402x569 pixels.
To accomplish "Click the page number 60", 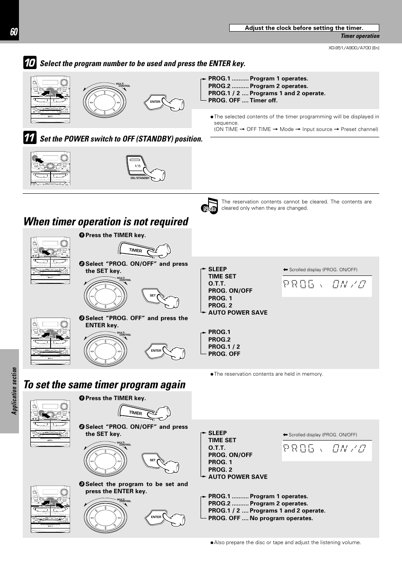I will click(x=13, y=32).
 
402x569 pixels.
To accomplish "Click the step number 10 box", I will click(x=29, y=63).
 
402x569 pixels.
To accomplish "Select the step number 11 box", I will click(x=29, y=138).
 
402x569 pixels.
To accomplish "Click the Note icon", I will click(x=209, y=206).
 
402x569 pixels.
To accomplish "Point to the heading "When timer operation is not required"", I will click(x=106, y=222).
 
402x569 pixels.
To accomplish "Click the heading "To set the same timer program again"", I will click(x=105, y=385).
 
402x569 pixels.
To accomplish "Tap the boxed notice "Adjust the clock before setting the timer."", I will click(x=304, y=28).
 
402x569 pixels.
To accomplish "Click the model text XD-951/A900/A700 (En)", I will click(x=354, y=48).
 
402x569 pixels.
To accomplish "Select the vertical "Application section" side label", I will click(x=14, y=390).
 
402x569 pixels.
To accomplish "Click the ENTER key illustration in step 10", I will click(x=156, y=102).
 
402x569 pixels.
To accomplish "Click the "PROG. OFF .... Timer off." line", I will click(x=243, y=100).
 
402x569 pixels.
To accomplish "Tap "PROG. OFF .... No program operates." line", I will click(x=260, y=518).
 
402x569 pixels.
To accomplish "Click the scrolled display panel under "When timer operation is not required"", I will click(x=327, y=285).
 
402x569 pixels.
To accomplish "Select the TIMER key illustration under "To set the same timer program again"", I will click(x=136, y=413).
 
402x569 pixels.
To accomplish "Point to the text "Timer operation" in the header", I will click(x=360, y=36).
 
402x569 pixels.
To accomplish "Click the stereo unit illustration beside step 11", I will click(x=50, y=168).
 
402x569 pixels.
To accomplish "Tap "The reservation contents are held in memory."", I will click(x=268, y=374).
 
